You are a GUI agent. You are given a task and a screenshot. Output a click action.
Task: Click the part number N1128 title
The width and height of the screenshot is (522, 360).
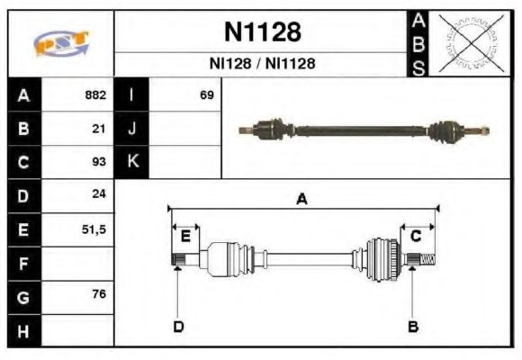click(x=261, y=32)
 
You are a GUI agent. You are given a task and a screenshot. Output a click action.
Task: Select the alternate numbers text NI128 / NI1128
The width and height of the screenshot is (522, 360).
click(x=262, y=65)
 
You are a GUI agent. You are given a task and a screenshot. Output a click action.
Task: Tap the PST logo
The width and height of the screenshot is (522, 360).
click(x=61, y=43)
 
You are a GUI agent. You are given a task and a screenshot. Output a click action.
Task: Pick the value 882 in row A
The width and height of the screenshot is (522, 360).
click(x=95, y=95)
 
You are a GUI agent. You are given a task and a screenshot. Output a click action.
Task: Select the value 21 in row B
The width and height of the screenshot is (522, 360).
click(x=100, y=129)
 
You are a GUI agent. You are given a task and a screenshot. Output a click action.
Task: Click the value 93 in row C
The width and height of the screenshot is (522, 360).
click(x=100, y=162)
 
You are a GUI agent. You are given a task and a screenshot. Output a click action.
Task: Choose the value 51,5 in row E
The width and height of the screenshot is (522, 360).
click(x=94, y=229)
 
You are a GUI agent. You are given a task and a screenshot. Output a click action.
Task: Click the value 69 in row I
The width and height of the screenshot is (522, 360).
click(x=206, y=95)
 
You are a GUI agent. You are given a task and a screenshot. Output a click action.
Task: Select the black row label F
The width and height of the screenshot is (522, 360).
click(x=23, y=264)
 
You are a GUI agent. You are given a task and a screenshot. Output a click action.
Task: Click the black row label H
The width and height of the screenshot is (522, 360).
click(x=23, y=330)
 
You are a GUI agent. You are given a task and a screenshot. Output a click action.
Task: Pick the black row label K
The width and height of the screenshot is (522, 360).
click(x=132, y=162)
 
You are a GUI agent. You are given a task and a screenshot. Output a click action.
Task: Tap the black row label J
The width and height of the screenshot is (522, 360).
click(x=132, y=129)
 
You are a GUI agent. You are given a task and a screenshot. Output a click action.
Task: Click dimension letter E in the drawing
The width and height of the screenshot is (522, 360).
click(x=185, y=237)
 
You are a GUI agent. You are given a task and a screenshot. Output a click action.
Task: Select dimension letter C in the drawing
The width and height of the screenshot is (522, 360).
click(x=416, y=237)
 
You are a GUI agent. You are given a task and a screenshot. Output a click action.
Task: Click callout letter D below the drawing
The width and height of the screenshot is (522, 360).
click(x=178, y=326)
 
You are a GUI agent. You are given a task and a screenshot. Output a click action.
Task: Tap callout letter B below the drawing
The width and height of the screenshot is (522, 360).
click(x=413, y=326)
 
